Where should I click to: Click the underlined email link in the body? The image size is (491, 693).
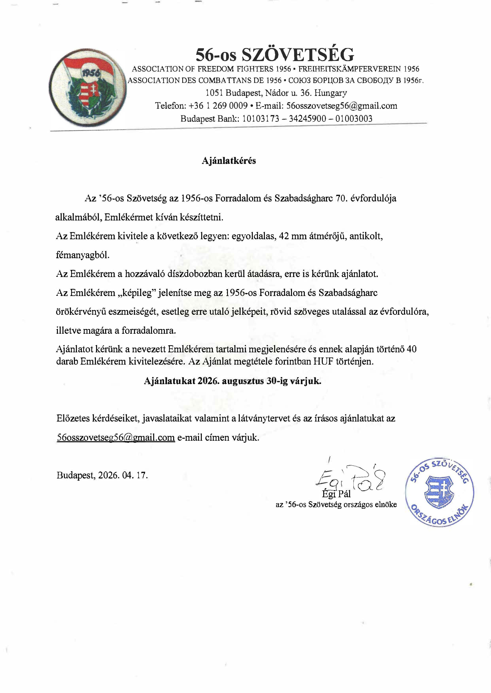pos(116,438)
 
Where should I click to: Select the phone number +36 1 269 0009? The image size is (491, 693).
pos(218,106)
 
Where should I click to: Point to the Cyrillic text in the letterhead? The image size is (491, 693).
pos(356,81)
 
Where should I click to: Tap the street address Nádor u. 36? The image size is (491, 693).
pos(288,93)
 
